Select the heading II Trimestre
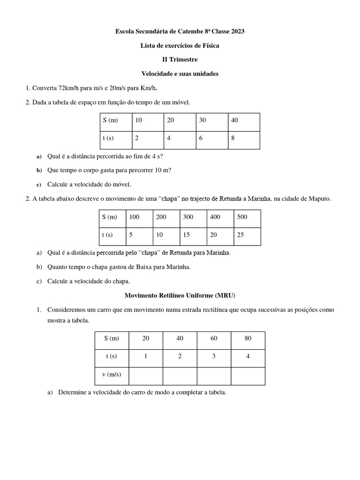click(180, 60)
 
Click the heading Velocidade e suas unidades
click(180, 74)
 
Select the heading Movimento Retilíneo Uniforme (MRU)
click(180, 296)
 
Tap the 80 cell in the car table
click(248, 338)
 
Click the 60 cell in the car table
click(214, 338)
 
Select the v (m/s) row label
click(112, 375)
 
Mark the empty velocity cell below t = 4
click(248, 375)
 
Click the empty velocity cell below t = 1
click(145, 375)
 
